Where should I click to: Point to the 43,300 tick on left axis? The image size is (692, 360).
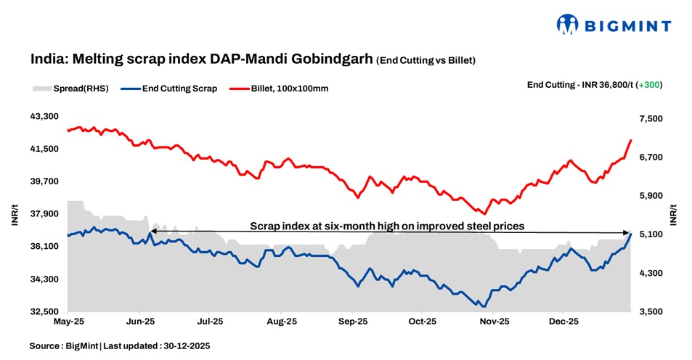pyautogui.click(x=45, y=116)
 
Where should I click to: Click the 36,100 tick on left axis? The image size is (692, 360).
pyautogui.click(x=45, y=247)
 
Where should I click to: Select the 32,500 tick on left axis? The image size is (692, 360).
pyautogui.click(x=45, y=312)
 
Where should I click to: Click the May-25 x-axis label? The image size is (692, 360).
pyautogui.click(x=68, y=320)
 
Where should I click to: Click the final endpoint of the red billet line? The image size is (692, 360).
pyautogui.click(x=631, y=140)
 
